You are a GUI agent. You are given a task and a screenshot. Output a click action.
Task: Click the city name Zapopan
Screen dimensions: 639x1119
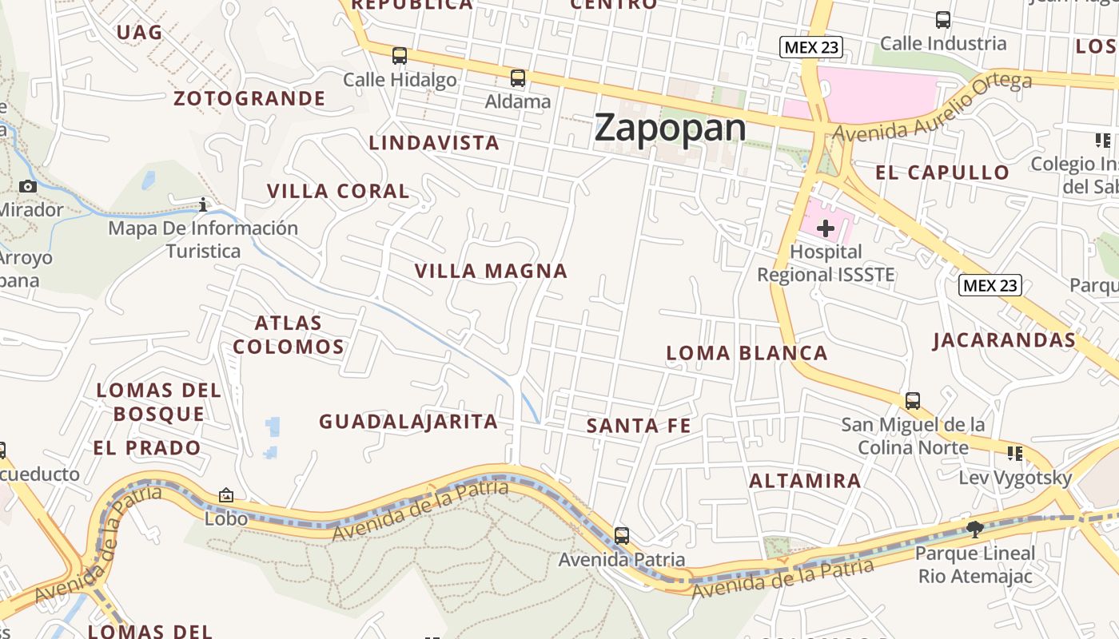tap(670, 128)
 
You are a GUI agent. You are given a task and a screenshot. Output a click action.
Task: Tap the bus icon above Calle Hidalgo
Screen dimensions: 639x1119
tap(400, 56)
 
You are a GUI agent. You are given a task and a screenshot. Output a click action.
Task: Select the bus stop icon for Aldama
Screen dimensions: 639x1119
tap(518, 78)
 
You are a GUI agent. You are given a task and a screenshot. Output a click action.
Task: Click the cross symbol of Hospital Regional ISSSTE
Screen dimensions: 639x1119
tap(825, 228)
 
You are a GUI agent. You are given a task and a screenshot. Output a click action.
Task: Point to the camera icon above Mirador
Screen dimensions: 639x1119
tap(28, 187)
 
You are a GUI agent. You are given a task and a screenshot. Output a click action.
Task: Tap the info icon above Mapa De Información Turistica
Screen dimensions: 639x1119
tap(203, 205)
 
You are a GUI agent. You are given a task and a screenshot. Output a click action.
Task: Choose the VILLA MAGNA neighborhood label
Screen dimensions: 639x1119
tap(491, 272)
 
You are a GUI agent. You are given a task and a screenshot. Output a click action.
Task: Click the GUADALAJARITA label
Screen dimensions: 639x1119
tap(408, 422)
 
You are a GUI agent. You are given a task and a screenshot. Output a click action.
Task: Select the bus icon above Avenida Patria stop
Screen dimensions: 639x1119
tap(622, 536)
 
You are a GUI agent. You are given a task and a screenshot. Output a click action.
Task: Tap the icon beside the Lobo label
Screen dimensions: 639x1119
tap(226, 496)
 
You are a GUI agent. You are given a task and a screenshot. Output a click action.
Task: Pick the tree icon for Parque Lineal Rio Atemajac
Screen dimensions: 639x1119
tap(974, 529)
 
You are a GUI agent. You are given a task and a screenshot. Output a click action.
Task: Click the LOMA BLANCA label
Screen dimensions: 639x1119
tap(747, 353)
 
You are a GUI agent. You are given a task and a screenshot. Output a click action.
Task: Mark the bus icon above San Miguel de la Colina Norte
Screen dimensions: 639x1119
tap(913, 401)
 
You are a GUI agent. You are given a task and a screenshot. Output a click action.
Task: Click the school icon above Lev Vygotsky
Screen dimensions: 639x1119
tap(1015, 454)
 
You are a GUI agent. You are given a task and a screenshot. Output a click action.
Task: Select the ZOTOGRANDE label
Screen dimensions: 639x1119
tap(250, 99)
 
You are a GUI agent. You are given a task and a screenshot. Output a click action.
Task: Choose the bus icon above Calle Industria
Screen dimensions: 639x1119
tap(943, 20)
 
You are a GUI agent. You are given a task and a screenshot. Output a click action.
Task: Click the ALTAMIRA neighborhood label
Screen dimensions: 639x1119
tap(805, 481)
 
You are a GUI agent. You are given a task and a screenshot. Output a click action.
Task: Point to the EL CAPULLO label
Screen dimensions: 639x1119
tap(942, 173)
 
